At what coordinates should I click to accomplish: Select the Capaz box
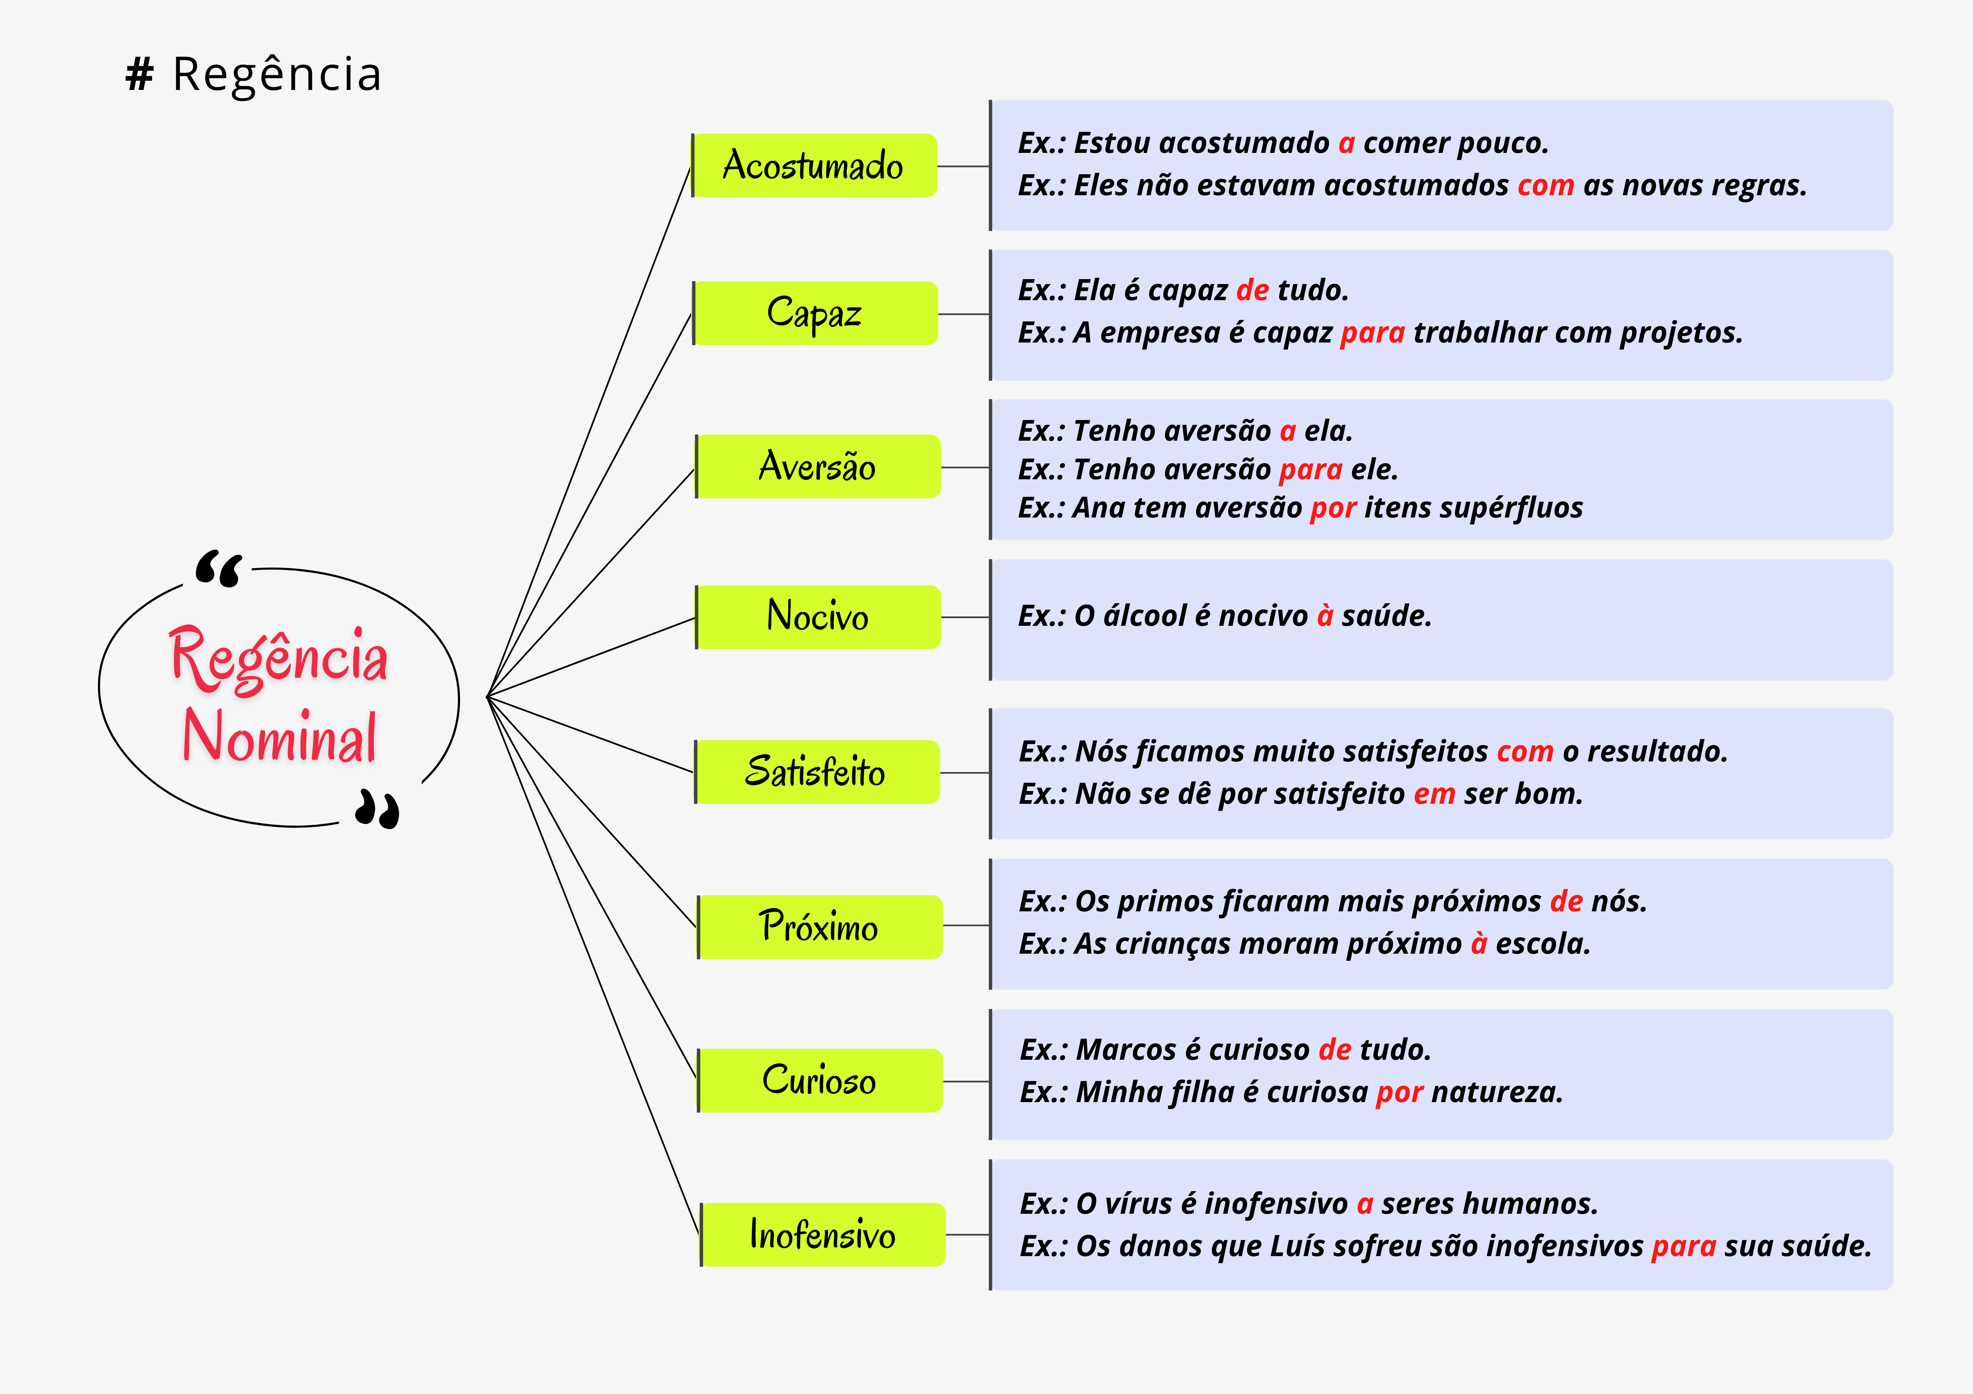[x=815, y=314]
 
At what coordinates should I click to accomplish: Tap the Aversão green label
[x=817, y=467]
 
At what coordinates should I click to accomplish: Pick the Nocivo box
[x=817, y=617]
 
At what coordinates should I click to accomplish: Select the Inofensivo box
[x=822, y=1234]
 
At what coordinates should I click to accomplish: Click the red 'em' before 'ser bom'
[x=1434, y=794]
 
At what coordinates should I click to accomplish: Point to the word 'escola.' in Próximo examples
[x=1543, y=944]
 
